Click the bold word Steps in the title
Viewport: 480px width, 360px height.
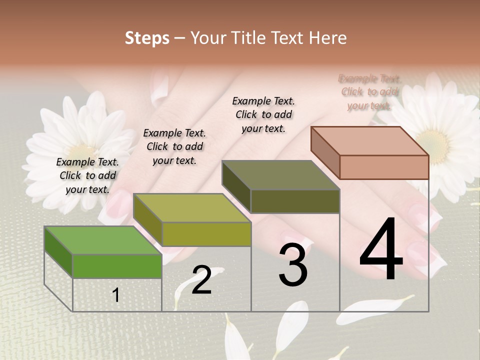[x=147, y=38]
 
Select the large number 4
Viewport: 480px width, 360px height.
[x=381, y=250]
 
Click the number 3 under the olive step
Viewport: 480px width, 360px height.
[x=293, y=265]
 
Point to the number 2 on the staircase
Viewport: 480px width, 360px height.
[x=201, y=280]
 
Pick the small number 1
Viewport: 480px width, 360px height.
[x=116, y=295]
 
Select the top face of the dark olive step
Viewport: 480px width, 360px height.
[x=280, y=175]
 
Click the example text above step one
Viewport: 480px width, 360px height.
[x=87, y=175]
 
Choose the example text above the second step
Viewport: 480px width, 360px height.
[x=174, y=146]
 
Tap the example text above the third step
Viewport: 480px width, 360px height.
[x=263, y=114]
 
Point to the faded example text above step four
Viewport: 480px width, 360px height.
[x=369, y=92]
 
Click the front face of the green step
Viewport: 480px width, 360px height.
[x=117, y=266]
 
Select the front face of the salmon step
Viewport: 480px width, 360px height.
[x=384, y=167]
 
